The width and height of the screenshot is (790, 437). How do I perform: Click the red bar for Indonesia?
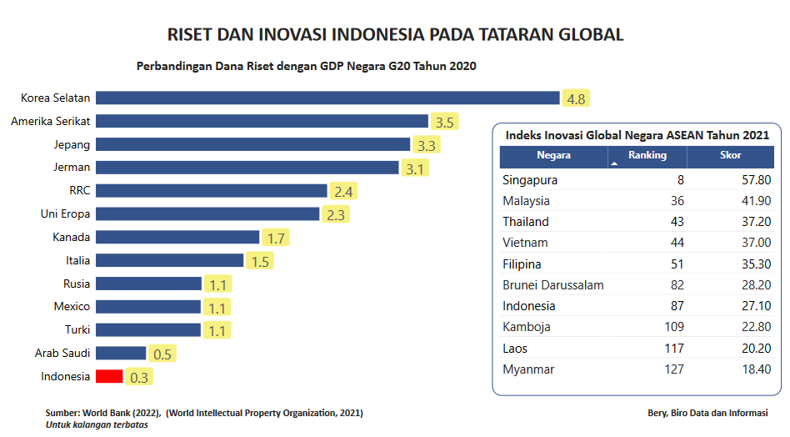point(109,376)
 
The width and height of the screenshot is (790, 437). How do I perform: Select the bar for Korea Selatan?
point(327,98)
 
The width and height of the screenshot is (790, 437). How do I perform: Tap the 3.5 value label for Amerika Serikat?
point(444,122)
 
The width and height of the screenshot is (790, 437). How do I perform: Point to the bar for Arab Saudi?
point(121,353)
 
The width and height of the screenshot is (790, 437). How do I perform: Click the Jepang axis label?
point(72,144)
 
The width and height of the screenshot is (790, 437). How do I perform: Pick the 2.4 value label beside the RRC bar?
point(343,192)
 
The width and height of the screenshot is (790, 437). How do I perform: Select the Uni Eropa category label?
point(65,213)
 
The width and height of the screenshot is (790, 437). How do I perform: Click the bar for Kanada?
point(177,237)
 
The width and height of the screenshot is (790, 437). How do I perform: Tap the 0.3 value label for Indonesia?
point(139,378)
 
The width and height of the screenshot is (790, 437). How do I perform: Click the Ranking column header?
point(647,155)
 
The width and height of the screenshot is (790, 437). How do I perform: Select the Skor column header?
point(730,155)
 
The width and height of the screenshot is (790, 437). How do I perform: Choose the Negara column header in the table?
point(553,155)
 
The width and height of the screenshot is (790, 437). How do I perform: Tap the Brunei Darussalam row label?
point(552,285)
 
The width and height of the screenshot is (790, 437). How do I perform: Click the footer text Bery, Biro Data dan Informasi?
point(707,413)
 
